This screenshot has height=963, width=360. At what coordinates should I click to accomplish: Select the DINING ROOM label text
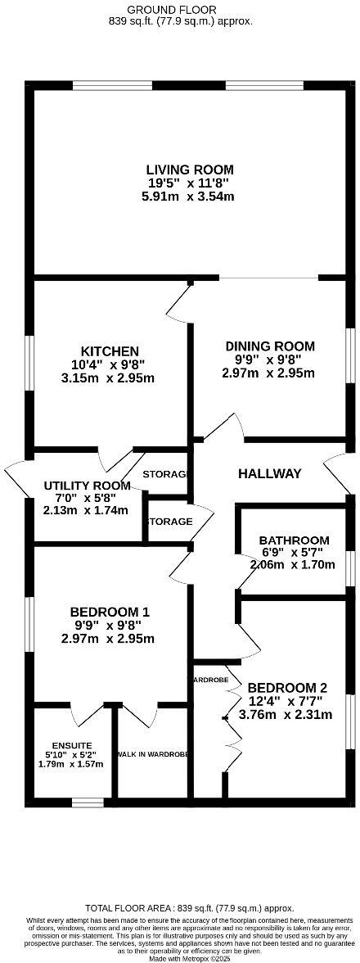(x=269, y=346)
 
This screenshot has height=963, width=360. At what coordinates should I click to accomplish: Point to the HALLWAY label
(x=270, y=473)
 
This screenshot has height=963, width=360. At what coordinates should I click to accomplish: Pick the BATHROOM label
(x=294, y=540)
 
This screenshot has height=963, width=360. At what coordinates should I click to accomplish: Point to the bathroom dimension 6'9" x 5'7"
(x=294, y=552)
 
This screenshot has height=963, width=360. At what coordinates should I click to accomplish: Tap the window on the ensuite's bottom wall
(x=88, y=801)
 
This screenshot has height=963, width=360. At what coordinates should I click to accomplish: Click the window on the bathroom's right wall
(x=349, y=564)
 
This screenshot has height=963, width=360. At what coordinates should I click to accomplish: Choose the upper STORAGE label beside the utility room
(x=167, y=474)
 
